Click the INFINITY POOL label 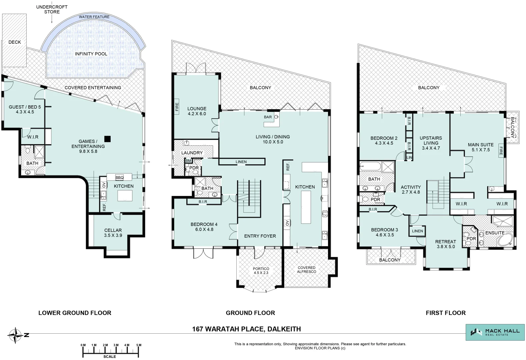click(x=91, y=54)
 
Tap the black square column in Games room click(x=107, y=139)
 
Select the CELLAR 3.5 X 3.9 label click(x=113, y=233)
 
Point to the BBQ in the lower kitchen click(x=119, y=177)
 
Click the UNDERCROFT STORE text click(x=52, y=9)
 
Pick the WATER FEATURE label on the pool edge click(x=94, y=17)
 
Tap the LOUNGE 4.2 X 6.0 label click(x=197, y=111)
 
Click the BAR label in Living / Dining click(x=268, y=117)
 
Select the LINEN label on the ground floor click(x=241, y=162)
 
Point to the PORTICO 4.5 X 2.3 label click(x=261, y=271)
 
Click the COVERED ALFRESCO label click(x=306, y=270)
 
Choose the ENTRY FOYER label click(x=260, y=236)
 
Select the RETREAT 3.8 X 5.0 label click(x=446, y=244)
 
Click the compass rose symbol click(x=15, y=335)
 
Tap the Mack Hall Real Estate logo click(x=495, y=332)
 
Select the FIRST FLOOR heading click(x=445, y=313)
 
